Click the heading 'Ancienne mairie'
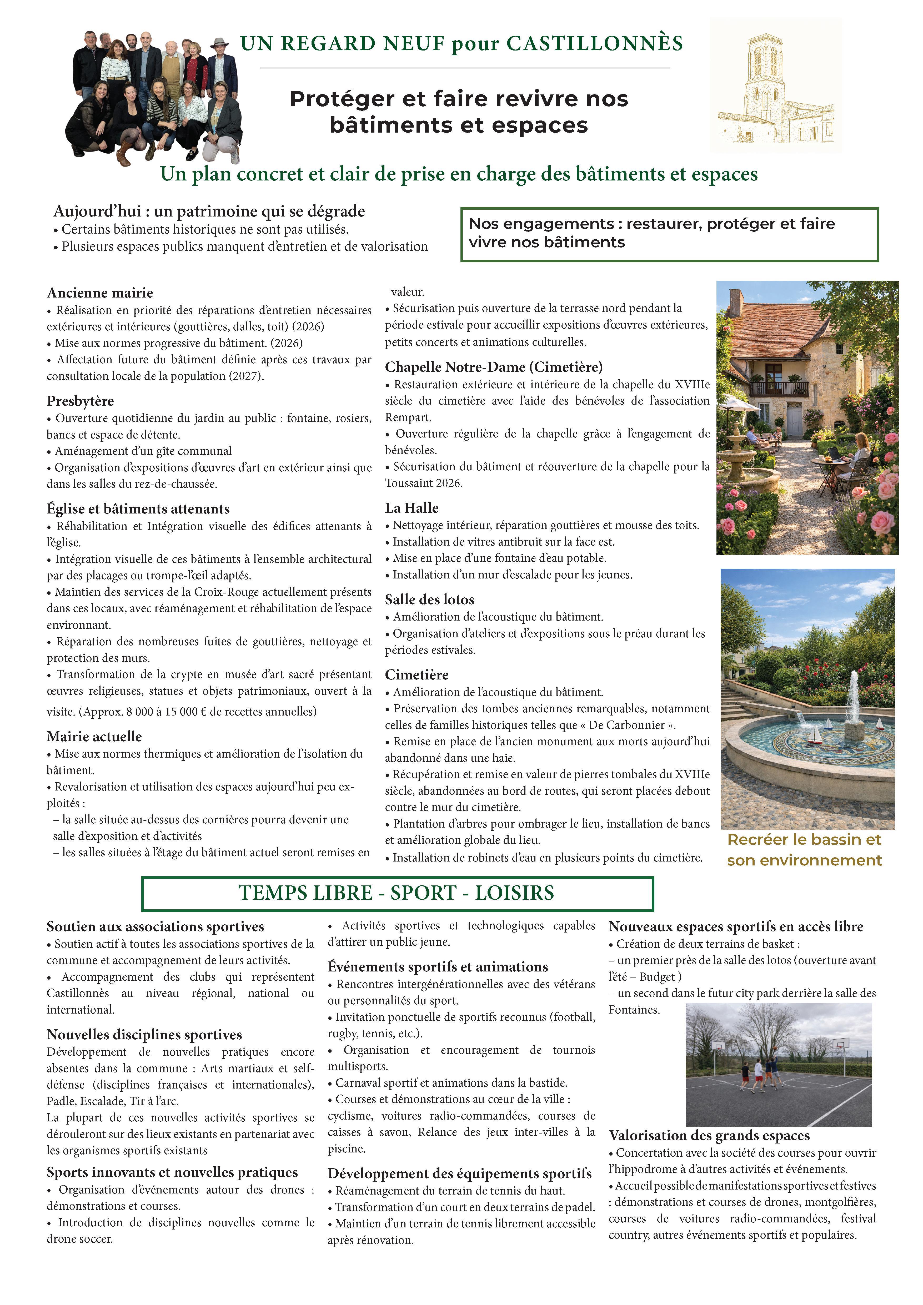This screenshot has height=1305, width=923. [x=100, y=293]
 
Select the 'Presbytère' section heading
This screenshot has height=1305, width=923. [x=80, y=401]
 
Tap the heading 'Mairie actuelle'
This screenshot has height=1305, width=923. [x=94, y=737]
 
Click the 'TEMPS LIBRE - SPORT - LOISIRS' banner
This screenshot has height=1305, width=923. [x=397, y=893]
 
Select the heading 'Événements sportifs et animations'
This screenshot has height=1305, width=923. [x=438, y=967]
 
